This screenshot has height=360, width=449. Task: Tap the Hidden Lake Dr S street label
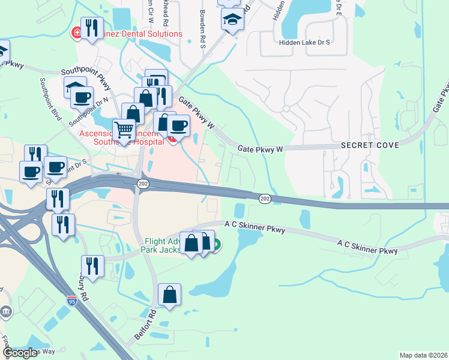[304, 43]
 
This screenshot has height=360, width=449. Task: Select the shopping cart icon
[124, 129]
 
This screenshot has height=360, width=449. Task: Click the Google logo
[20, 353]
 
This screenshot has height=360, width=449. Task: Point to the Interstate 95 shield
[72, 299]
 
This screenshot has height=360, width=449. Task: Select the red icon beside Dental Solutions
[77, 33]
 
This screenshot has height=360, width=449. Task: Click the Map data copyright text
[423, 355]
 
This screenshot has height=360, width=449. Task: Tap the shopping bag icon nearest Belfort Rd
[170, 294]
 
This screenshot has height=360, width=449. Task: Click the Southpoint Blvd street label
[51, 99]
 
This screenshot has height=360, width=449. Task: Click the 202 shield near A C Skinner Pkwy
[265, 198]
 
